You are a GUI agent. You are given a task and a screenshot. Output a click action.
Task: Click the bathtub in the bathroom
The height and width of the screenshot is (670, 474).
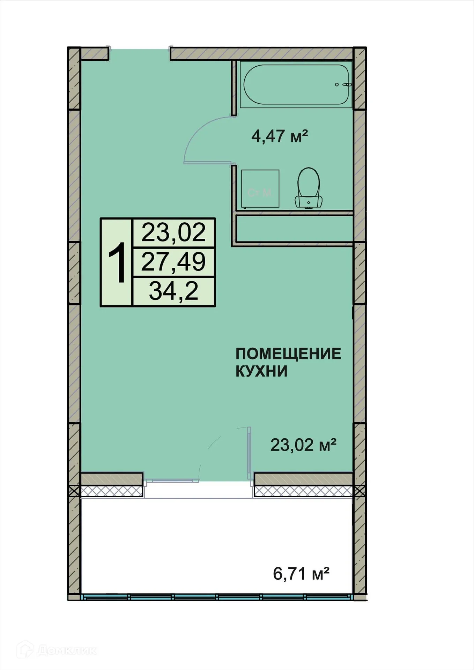coord(296,84)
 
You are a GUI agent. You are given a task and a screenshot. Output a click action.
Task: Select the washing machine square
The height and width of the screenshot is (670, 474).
coord(260,189)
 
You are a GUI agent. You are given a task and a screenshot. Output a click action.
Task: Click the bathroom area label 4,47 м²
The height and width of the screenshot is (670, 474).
coord(279,136)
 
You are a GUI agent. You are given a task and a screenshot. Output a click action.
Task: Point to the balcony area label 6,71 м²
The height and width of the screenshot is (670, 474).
coord(301,573)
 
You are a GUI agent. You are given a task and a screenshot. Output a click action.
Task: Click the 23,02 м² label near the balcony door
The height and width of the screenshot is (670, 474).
coord(303,445)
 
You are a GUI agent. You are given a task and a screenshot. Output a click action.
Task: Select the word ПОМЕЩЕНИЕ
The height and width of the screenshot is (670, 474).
coord(288,354)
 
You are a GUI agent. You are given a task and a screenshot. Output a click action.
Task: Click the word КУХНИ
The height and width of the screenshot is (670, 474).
coord(261,371)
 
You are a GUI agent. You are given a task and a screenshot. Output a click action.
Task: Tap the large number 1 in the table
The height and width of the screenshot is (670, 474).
coord(117,263)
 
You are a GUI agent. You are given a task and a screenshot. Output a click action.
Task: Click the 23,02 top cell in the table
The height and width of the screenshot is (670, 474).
coord(173,233)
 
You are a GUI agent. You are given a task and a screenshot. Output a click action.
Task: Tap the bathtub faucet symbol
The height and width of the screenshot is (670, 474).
coord(347,84)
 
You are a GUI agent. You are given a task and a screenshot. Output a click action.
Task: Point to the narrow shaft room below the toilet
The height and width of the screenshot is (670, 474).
coord(294,228)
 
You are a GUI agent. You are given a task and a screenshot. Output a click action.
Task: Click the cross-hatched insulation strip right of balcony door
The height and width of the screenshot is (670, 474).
coord(303,491)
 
